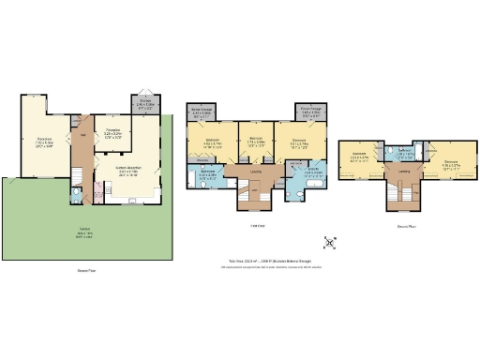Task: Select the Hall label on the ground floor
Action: tap(82, 137)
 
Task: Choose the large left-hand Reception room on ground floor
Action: tap(43, 142)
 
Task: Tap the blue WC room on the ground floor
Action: tap(75, 196)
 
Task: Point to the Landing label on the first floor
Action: tap(256, 171)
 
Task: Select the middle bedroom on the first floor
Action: tap(255, 142)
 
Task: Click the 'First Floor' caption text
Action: tap(254, 226)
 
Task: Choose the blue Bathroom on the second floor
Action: tap(403, 152)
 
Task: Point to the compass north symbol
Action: tap(329, 243)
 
